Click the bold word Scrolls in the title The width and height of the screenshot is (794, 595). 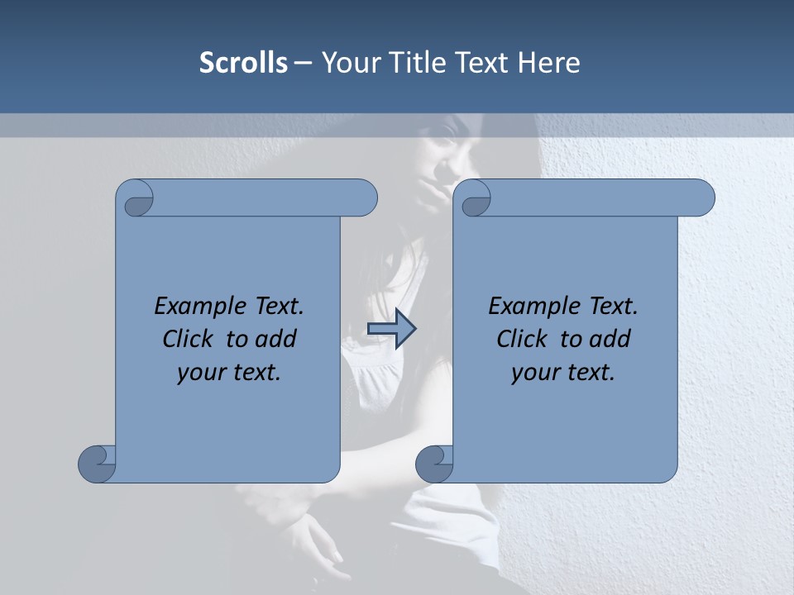click(x=243, y=63)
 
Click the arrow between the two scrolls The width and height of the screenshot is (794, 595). click(x=391, y=329)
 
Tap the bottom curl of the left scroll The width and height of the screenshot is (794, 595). click(x=98, y=463)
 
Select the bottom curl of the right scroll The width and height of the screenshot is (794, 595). click(x=435, y=463)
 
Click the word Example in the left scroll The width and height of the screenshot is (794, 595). click(x=195, y=307)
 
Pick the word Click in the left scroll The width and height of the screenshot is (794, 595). click(x=189, y=339)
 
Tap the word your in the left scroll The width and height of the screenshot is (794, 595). click(x=199, y=374)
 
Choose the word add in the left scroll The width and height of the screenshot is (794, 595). click(x=276, y=339)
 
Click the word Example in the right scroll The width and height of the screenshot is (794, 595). click(x=529, y=307)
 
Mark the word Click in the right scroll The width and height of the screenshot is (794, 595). click(x=522, y=339)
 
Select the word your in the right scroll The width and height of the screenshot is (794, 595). click(x=533, y=374)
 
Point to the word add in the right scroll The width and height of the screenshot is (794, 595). click(x=610, y=339)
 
